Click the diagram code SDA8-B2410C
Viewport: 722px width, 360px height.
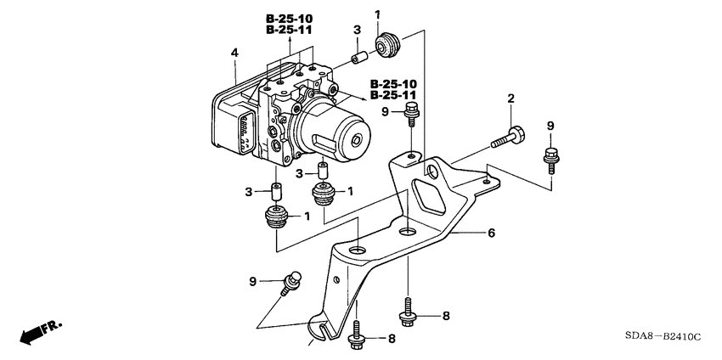663,337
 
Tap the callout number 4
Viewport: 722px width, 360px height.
234,53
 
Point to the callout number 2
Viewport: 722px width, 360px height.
510,100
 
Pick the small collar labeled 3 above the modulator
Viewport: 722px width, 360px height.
358,59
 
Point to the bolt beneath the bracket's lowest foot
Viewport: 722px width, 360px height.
357,336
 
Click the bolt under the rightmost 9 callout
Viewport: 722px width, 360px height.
550,158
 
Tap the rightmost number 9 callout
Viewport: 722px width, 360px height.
550,126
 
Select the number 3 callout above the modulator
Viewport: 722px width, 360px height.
358,31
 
